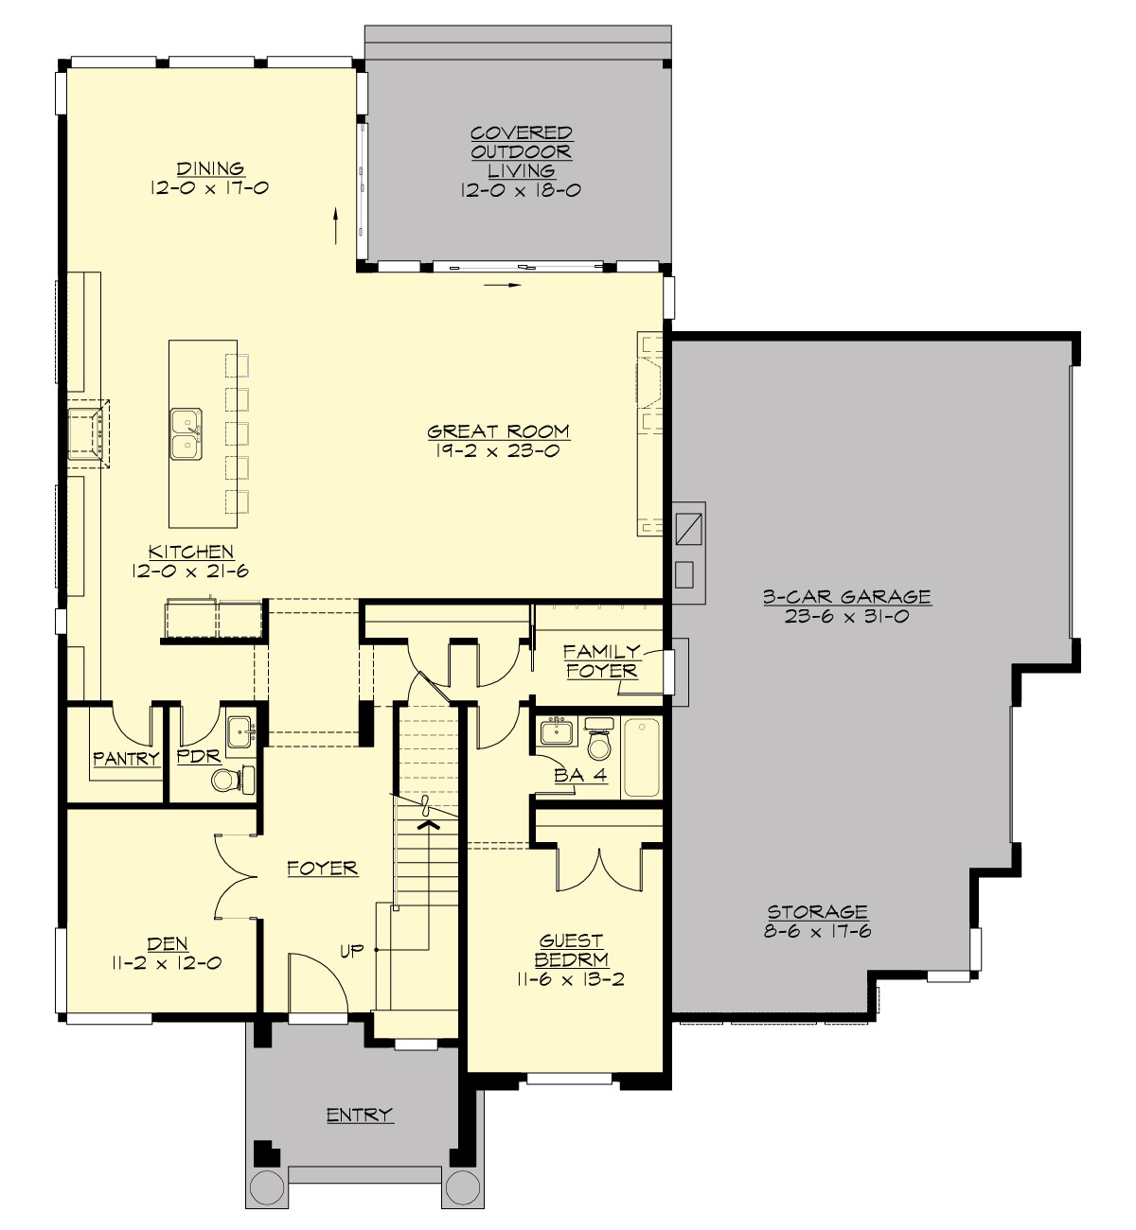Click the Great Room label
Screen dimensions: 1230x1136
coord(499,432)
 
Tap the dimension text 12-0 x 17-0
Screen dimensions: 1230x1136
coord(209,188)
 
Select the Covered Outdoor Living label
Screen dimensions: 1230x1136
coord(521,151)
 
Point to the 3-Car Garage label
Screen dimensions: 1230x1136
coord(846,597)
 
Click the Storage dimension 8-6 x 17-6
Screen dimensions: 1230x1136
coord(817,931)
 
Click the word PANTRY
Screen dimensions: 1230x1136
coord(126,759)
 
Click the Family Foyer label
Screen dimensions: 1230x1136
coord(601,661)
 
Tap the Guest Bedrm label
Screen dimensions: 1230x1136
coord(571,950)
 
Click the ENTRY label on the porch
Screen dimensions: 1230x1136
coord(360,1116)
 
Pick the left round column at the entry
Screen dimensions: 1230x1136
coord(266,1185)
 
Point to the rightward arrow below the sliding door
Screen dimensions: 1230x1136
coord(502,283)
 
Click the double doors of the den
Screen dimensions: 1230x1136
coord(235,876)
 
